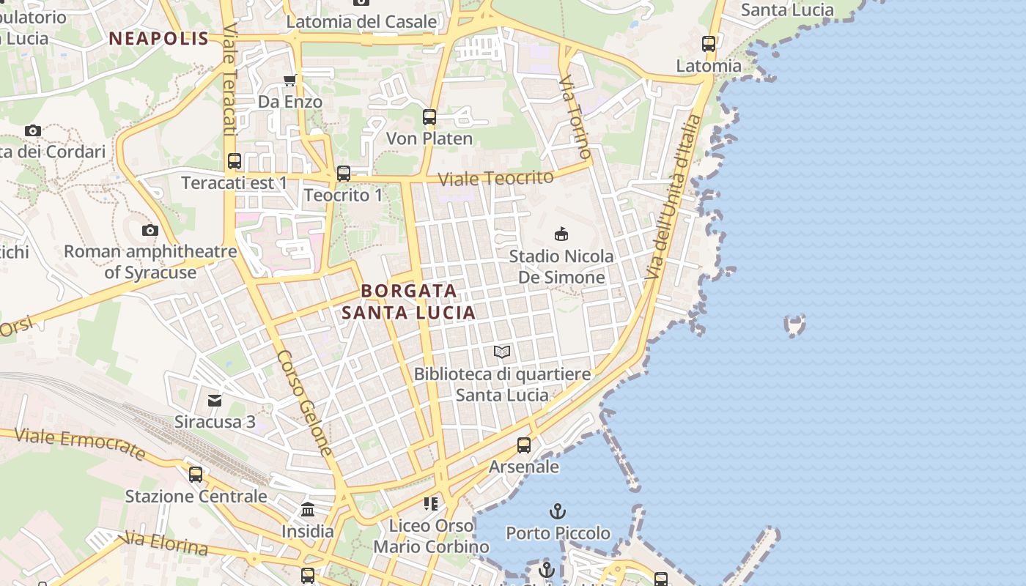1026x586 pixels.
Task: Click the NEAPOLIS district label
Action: click(159, 39)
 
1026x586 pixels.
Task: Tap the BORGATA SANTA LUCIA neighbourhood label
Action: click(409, 302)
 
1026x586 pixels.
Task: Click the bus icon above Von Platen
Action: click(429, 117)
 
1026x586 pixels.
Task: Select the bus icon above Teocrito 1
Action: click(343, 174)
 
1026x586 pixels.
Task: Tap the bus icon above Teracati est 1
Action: click(235, 161)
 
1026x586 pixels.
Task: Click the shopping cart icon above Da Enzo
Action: click(290, 80)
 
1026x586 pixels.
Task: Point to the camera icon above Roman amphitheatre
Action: click(150, 230)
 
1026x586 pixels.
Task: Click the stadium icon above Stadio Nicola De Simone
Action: click(561, 234)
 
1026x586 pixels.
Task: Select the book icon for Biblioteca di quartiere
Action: click(502, 352)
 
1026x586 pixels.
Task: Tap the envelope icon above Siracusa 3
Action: click(215, 401)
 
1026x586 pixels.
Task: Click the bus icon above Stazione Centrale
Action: click(196, 475)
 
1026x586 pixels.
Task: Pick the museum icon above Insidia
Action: click(308, 509)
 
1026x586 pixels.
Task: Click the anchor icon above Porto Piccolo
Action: click(558, 511)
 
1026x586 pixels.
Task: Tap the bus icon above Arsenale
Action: click(524, 445)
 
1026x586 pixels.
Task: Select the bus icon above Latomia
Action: click(709, 44)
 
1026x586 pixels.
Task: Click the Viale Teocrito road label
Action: click(495, 178)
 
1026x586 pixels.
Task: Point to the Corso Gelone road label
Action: click(306, 403)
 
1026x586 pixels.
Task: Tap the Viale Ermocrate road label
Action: click(80, 443)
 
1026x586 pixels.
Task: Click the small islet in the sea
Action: click(794, 324)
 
